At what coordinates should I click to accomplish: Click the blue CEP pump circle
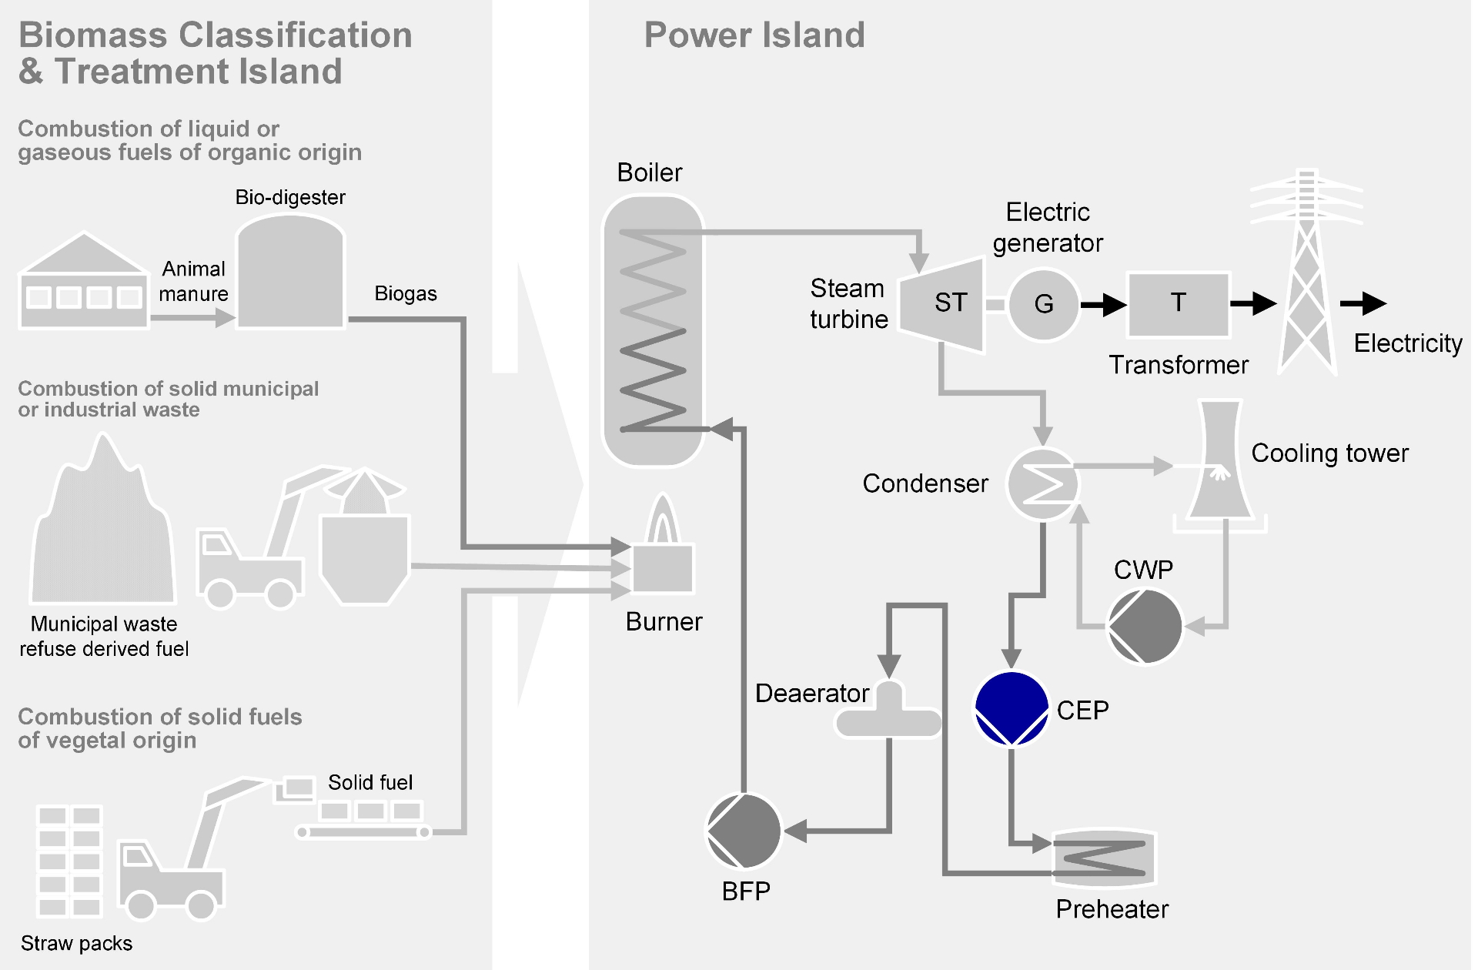1012,708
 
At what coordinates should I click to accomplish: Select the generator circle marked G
1044,304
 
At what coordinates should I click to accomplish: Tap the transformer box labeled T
1178,304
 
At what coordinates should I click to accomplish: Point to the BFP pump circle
744,831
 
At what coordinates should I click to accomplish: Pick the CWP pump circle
1145,626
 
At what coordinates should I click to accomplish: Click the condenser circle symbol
1043,484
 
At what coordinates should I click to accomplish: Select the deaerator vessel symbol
889,712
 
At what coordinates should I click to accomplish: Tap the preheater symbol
1104,858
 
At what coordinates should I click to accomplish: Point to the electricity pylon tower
1306,277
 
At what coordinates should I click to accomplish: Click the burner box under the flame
663,568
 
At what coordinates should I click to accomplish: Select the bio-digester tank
290,273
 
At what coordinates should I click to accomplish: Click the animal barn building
84,283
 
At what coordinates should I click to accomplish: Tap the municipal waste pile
102,531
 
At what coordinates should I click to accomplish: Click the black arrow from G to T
1104,305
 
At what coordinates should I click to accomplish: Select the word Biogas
406,293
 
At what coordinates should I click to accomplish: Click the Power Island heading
754,35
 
